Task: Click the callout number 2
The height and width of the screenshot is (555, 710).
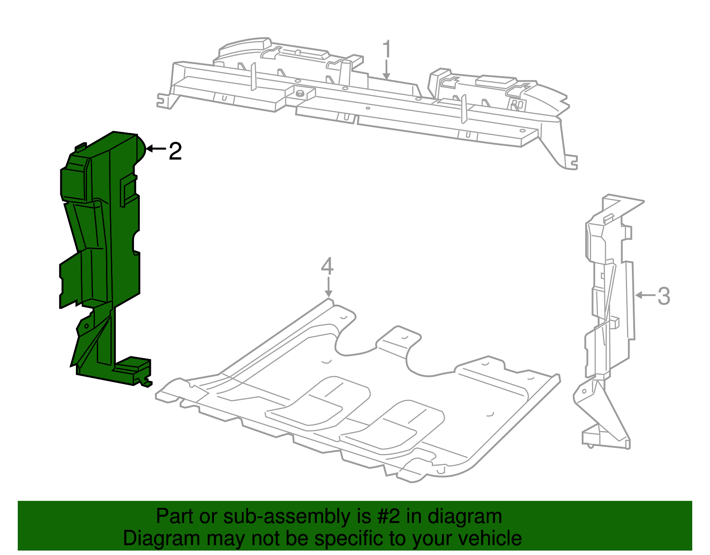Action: point(175,152)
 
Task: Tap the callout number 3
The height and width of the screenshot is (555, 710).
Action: point(663,296)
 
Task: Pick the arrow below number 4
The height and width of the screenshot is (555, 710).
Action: point(328,287)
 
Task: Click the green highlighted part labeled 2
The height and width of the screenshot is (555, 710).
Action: point(102,249)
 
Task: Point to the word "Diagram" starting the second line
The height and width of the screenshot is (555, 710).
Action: point(150,539)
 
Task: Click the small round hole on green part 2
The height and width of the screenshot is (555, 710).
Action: point(87,326)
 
